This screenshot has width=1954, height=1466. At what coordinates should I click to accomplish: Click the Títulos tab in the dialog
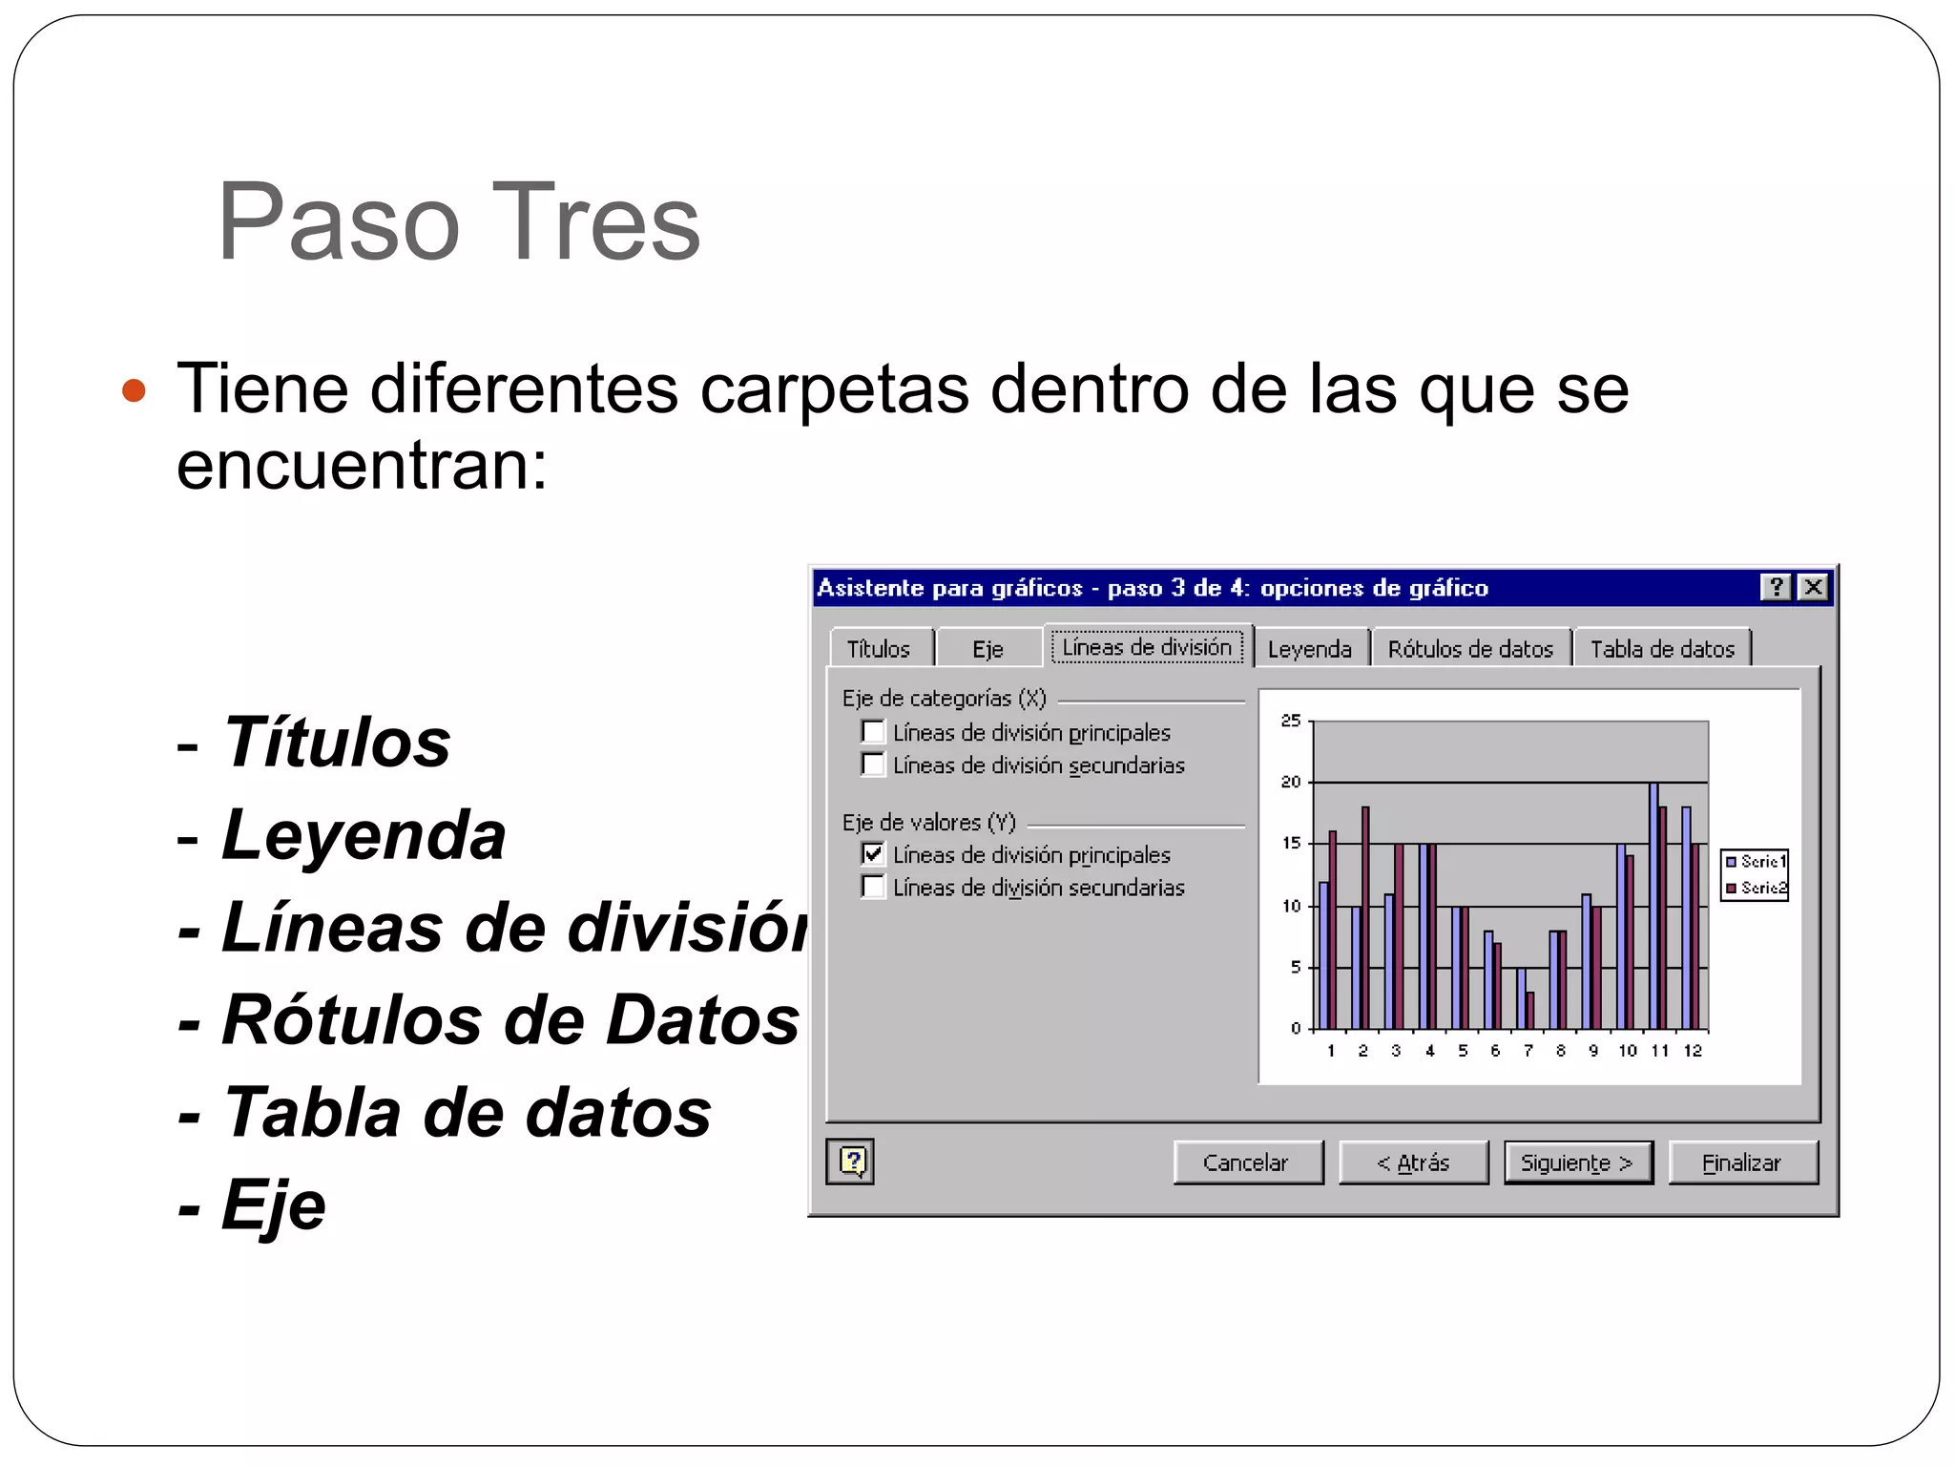tap(879, 649)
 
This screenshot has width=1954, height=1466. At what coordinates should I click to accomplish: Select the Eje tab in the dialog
tap(987, 649)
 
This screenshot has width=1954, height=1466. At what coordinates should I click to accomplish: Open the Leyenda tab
tap(1309, 649)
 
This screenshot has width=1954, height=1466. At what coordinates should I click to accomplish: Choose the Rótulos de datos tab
tap(1469, 649)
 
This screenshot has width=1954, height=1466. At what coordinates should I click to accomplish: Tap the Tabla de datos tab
tap(1661, 649)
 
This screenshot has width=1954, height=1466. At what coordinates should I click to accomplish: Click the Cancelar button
tap(1247, 1162)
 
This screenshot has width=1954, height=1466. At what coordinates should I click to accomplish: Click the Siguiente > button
tap(1577, 1162)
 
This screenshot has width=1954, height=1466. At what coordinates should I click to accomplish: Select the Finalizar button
tap(1742, 1162)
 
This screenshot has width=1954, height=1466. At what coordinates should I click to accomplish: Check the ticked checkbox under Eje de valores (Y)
tap(872, 854)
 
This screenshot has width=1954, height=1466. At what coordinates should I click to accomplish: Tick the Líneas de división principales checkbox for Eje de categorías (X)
tap(872, 732)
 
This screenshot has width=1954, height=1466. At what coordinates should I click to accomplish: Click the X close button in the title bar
tap(1813, 587)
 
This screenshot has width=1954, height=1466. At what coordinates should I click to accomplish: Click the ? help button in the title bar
tap(1776, 587)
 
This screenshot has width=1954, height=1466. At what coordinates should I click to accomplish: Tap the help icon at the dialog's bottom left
tap(851, 1162)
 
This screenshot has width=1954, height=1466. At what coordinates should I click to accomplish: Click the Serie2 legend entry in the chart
tap(1756, 888)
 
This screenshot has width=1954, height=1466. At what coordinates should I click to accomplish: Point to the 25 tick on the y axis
tap(1290, 721)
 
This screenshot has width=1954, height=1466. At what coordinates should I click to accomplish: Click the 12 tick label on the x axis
tap(1693, 1051)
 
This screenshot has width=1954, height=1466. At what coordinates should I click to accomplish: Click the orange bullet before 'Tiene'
tap(135, 390)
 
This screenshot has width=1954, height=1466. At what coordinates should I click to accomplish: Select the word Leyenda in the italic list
tap(364, 835)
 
